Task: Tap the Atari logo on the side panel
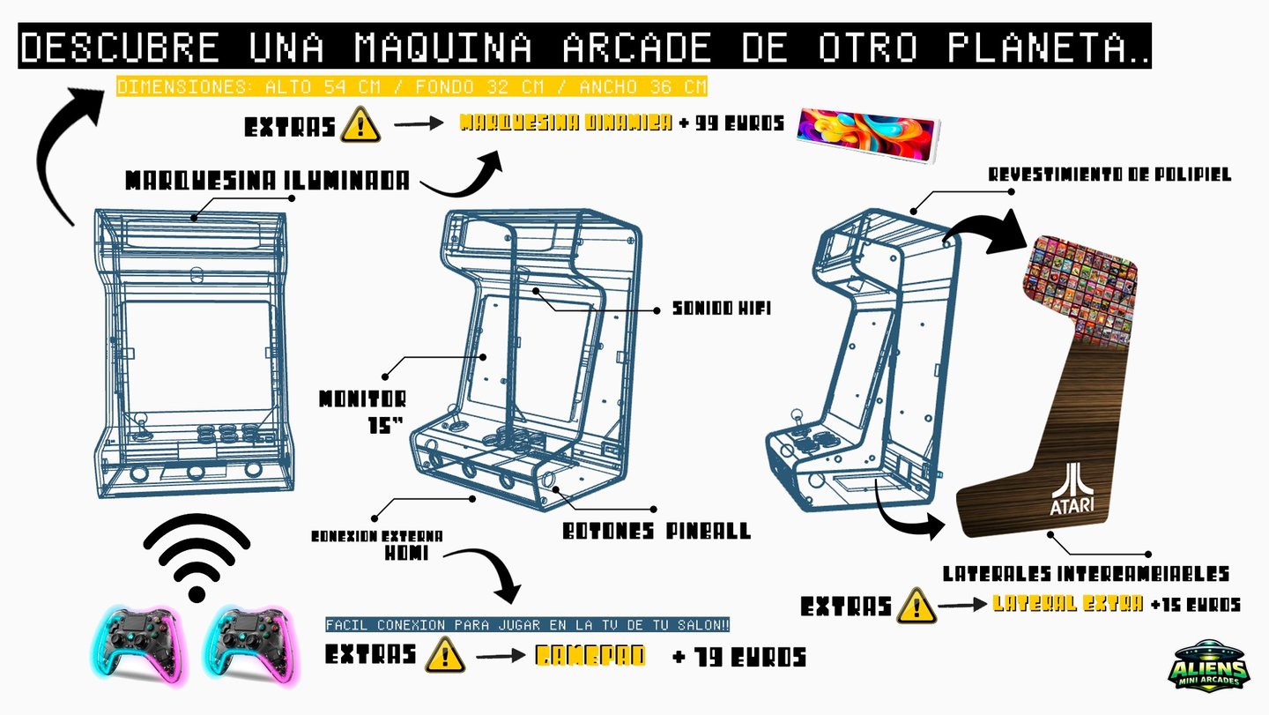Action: point(1072,488)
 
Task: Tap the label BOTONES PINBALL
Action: point(656,532)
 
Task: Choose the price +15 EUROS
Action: point(1196,605)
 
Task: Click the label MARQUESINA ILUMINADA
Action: point(267,181)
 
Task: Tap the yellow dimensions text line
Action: point(412,87)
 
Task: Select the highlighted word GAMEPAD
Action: point(589,656)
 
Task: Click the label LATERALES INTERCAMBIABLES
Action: point(1086,574)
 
